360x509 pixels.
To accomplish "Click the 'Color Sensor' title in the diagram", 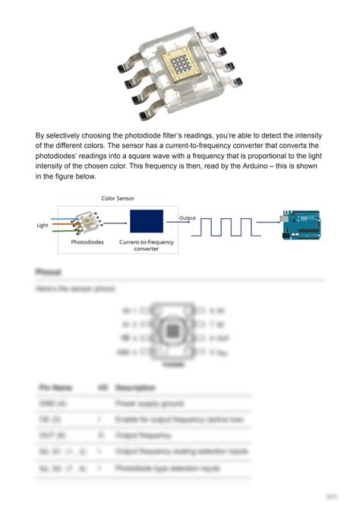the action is (x=118, y=198).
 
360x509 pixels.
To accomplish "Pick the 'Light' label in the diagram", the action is (x=43, y=225).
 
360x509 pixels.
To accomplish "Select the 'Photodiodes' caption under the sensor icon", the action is (x=88, y=242).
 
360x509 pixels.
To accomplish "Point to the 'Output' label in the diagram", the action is (x=187, y=218).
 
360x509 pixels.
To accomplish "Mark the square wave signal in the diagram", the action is (x=226, y=226).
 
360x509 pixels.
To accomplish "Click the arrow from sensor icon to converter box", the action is (x=115, y=224).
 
